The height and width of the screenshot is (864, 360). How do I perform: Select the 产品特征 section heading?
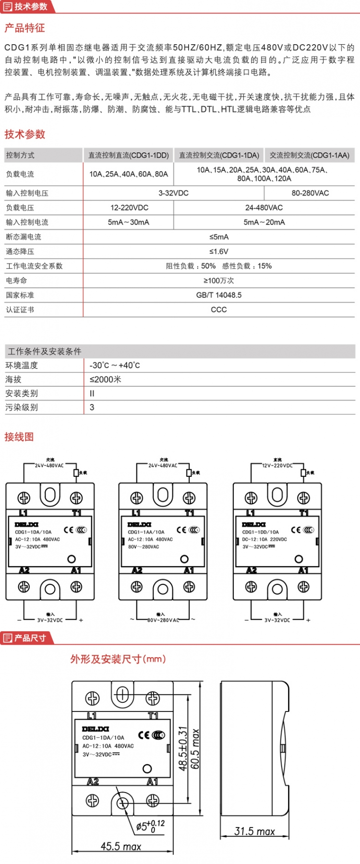(24, 28)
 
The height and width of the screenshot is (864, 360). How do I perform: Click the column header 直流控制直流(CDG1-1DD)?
(128, 155)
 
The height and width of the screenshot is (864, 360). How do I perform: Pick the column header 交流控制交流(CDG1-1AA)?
(310, 155)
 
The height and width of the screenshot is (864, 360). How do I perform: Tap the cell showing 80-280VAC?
(310, 193)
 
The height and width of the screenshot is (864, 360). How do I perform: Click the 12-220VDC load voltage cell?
(129, 208)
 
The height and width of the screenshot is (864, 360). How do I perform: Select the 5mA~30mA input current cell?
(129, 222)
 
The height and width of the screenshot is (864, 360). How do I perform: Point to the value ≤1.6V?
(219, 251)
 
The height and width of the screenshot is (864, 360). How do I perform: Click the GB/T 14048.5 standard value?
(219, 295)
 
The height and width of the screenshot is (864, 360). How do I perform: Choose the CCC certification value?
(219, 309)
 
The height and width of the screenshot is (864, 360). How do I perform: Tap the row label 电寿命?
(16, 281)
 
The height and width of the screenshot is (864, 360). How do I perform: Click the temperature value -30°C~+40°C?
(115, 366)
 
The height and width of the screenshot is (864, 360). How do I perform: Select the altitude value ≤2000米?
(106, 379)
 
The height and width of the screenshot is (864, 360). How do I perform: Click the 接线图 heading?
(19, 437)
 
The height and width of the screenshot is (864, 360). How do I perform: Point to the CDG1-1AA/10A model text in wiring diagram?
(146, 532)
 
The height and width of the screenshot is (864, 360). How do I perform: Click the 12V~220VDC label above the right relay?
(277, 465)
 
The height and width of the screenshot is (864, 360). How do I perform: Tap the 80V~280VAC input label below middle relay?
(163, 620)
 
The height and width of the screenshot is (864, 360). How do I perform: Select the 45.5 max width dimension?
(121, 847)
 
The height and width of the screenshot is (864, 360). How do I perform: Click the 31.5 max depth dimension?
(254, 831)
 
